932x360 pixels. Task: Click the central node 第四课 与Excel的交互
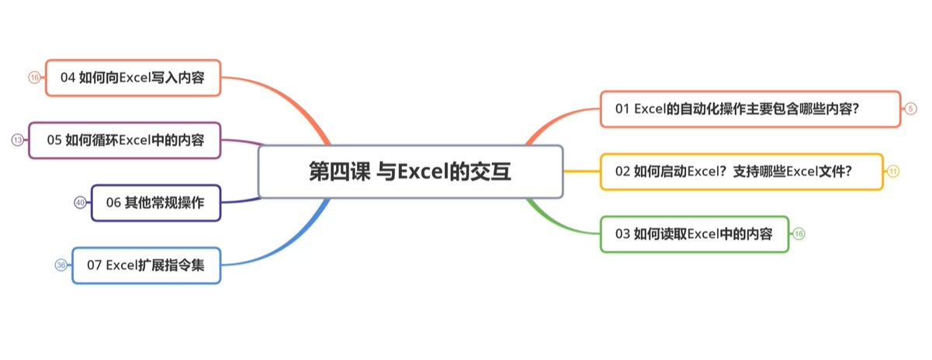click(x=411, y=171)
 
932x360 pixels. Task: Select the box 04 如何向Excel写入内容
click(x=133, y=78)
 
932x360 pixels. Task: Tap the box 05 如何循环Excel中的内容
click(x=124, y=140)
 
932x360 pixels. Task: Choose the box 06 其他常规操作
click(x=156, y=203)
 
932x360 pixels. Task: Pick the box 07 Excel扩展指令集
click(x=147, y=265)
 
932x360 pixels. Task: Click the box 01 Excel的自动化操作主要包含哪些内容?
click(x=750, y=109)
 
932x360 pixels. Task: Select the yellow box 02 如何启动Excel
click(x=741, y=171)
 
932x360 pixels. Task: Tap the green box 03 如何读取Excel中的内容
click(x=695, y=234)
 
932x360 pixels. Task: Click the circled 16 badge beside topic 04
click(x=35, y=78)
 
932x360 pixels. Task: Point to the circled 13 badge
click(x=18, y=140)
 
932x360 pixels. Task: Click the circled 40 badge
click(x=80, y=202)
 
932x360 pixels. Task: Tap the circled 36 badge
click(x=61, y=265)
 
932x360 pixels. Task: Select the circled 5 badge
click(x=911, y=109)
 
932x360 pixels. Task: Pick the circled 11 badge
click(x=893, y=171)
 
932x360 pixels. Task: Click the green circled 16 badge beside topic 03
click(x=799, y=234)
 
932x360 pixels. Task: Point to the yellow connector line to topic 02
click(x=582, y=171)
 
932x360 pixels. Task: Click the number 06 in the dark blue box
click(x=113, y=203)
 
